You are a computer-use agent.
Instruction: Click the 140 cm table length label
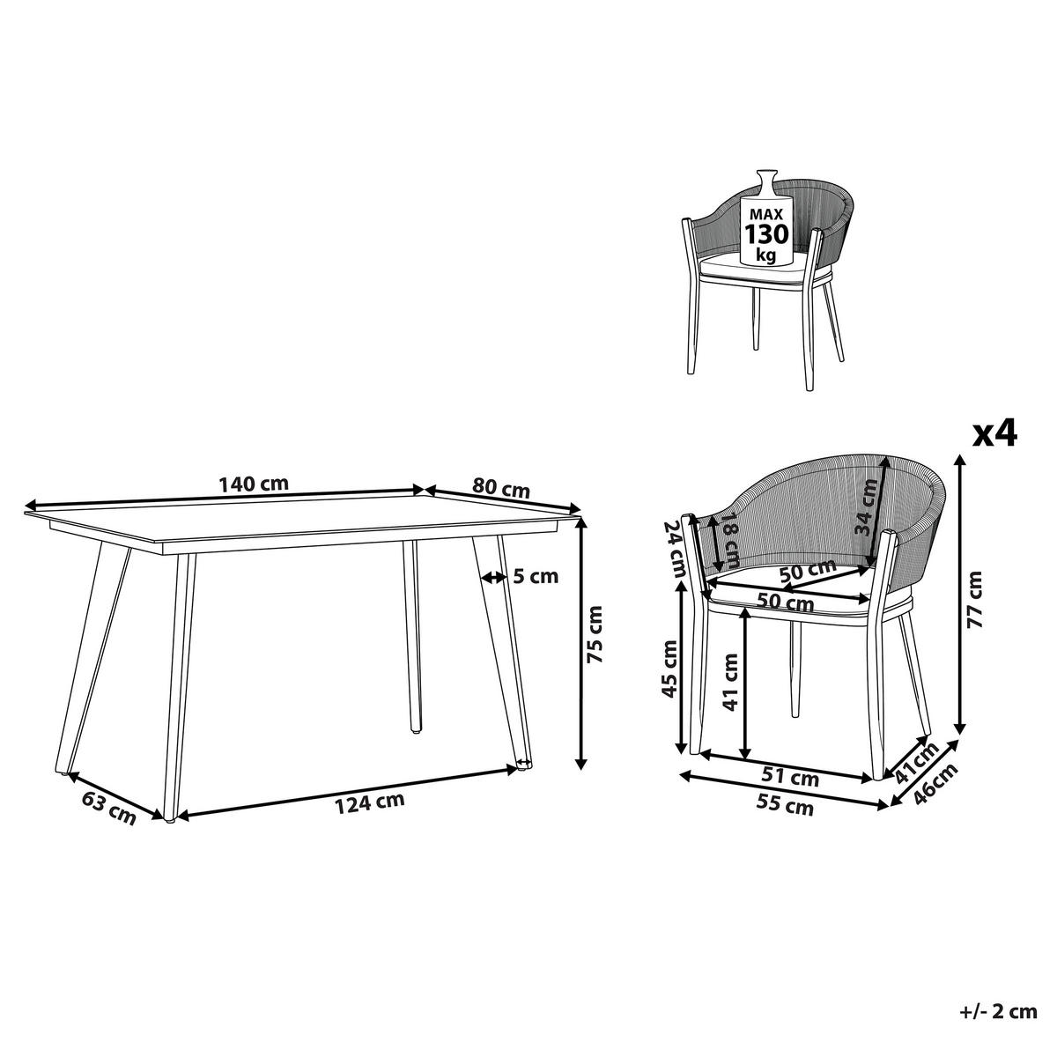[255, 484]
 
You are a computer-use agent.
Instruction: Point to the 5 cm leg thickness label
[536, 577]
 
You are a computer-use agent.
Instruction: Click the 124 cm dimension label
[370, 802]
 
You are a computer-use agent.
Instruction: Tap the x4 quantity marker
[994, 433]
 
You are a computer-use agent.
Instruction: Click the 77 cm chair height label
[974, 599]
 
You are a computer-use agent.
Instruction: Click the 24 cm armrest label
[676, 545]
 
